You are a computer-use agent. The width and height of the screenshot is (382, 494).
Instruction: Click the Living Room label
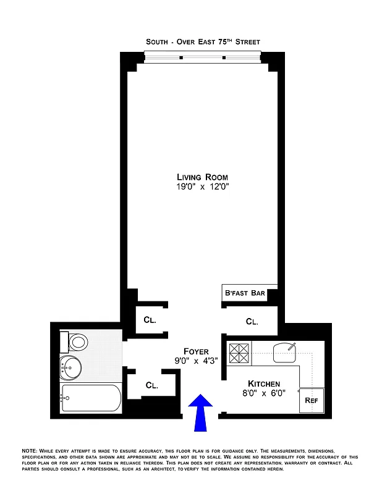[x=203, y=177]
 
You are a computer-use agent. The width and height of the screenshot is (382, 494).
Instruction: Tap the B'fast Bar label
[x=244, y=293]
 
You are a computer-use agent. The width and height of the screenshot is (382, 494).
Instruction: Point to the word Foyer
[x=195, y=351]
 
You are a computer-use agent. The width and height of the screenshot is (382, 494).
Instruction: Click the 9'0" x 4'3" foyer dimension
[x=195, y=361]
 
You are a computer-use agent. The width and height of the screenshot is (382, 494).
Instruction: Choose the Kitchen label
[x=264, y=383]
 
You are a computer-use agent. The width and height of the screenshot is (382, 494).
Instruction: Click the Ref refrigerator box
[x=311, y=400]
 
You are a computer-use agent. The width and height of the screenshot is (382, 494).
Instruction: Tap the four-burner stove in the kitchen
[x=239, y=353]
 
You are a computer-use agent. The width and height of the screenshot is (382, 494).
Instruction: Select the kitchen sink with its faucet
[x=285, y=352]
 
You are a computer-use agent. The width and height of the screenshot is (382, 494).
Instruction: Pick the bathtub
[x=91, y=398]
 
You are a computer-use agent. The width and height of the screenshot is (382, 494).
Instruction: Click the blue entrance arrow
[x=201, y=412]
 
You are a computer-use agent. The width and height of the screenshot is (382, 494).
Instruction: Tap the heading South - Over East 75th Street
[x=203, y=42]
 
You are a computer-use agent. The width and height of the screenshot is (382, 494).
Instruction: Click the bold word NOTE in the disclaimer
[x=29, y=451]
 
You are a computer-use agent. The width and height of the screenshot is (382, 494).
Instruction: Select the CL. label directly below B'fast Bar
[x=252, y=322]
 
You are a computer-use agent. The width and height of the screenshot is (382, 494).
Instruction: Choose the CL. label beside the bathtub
[x=152, y=385]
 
